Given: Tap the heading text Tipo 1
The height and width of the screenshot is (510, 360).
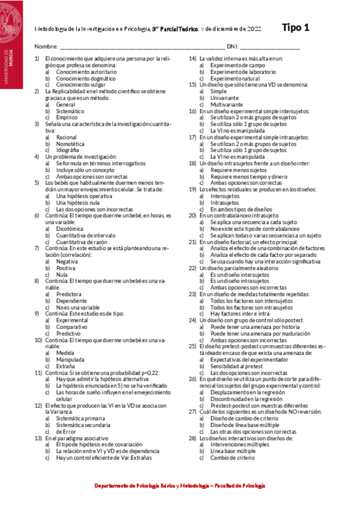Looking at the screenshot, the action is coord(295,27).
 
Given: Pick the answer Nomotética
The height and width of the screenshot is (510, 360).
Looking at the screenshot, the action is coord(70,144).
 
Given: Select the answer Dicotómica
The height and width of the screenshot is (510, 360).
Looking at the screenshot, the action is coord(70,229).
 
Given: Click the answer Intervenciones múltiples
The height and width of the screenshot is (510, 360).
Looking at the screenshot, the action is coord(240,444).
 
